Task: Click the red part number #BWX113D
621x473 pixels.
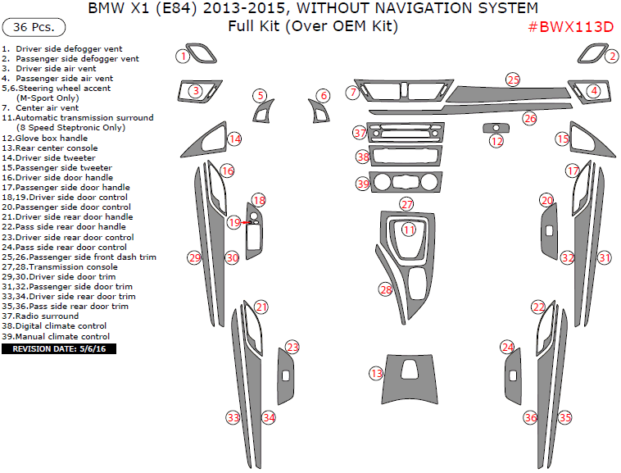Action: point(570,27)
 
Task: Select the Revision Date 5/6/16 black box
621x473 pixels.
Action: point(59,349)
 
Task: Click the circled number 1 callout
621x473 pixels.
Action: point(184,56)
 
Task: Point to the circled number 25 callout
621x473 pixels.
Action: point(513,80)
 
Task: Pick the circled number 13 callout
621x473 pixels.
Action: point(376,374)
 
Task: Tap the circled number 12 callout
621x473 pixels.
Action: point(496,142)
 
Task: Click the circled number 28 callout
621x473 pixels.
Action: point(385,289)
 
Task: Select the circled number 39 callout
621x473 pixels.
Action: point(363,184)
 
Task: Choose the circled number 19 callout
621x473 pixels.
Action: point(234,222)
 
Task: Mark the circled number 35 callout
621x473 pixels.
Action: point(564,417)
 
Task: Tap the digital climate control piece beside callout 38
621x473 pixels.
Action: point(408,156)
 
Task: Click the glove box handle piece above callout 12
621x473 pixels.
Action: point(496,127)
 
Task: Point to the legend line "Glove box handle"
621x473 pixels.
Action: point(51,138)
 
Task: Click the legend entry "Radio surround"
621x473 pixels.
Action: point(46,316)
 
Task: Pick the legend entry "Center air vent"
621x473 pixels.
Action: point(46,107)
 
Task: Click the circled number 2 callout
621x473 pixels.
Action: point(611,56)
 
